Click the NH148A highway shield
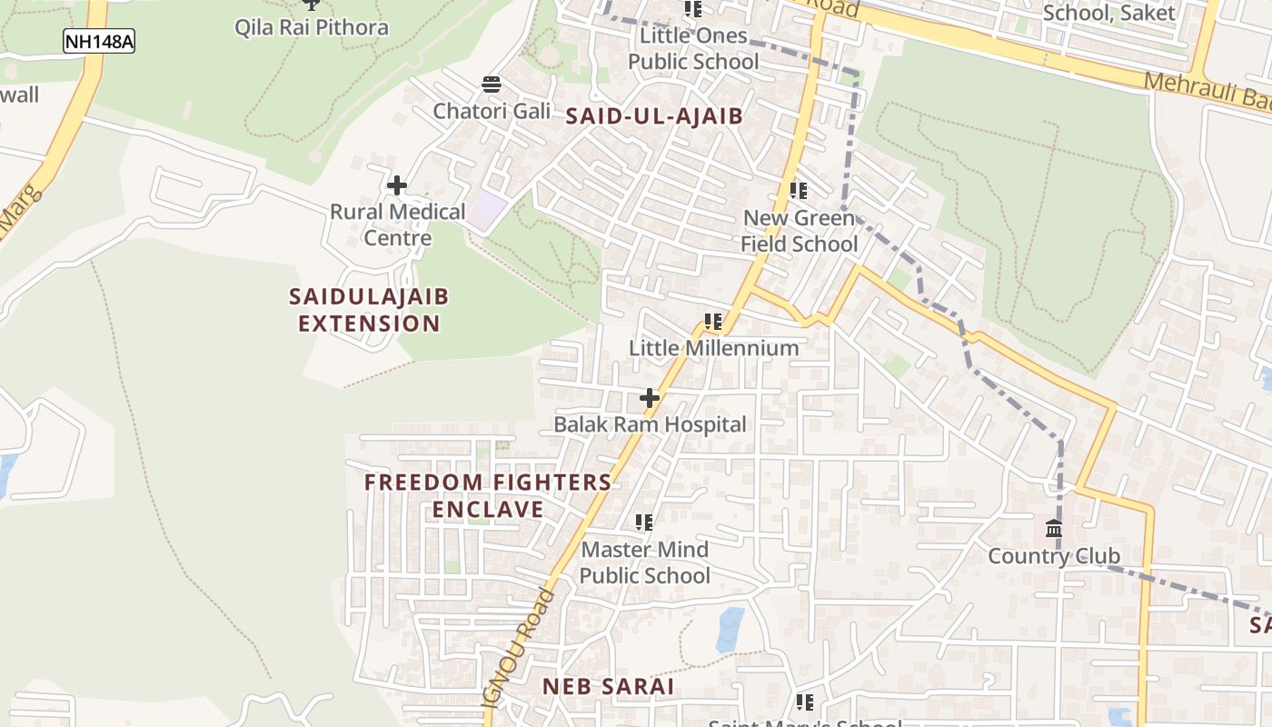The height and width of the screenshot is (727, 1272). click(x=99, y=41)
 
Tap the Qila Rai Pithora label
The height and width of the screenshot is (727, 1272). click(x=311, y=27)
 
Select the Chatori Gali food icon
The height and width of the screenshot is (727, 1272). click(x=492, y=85)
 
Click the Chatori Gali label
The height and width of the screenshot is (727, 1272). click(x=492, y=112)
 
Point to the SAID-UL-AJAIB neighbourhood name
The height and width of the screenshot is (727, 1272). click(x=654, y=116)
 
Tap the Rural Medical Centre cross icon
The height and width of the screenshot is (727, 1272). click(x=397, y=186)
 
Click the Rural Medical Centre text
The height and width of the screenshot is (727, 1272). click(x=397, y=224)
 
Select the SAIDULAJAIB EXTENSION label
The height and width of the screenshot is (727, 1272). click(x=369, y=310)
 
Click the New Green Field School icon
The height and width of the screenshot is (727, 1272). click(x=799, y=192)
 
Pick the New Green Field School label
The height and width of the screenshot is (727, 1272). click(x=799, y=231)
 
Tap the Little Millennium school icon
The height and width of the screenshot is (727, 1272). click(x=713, y=322)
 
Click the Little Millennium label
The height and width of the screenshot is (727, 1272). click(x=714, y=348)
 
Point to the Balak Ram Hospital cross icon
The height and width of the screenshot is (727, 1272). click(x=650, y=398)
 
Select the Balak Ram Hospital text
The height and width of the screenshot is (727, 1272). click(x=650, y=424)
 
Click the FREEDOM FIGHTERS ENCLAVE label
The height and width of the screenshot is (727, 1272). click(x=488, y=495)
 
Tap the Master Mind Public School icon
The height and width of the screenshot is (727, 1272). click(x=644, y=523)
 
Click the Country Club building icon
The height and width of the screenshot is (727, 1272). click(x=1054, y=529)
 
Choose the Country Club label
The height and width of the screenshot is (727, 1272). click(x=1054, y=556)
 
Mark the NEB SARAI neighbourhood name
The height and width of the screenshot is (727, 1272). click(x=609, y=687)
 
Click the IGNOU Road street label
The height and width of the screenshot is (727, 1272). click(x=520, y=647)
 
